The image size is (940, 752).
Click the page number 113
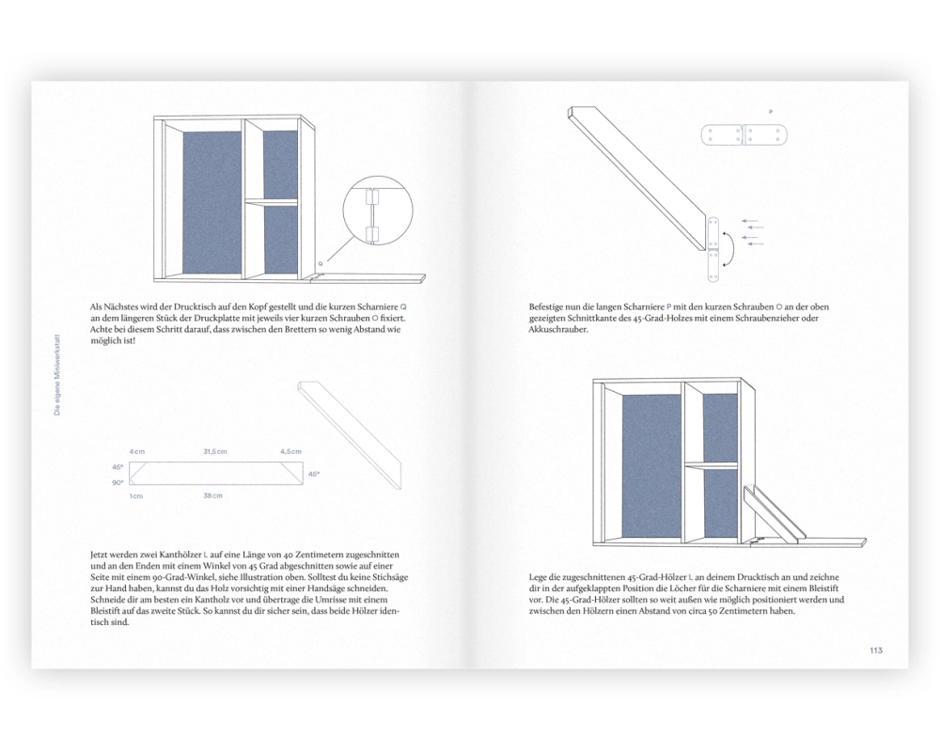tap(875, 650)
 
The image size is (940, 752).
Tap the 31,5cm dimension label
tap(215, 452)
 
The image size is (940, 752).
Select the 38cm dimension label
tap(212, 495)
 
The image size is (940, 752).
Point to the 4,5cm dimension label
tap(290, 452)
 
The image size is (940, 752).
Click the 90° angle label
tap(117, 482)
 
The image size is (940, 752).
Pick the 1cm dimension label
tap(136, 495)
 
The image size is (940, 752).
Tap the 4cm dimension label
tap(137, 452)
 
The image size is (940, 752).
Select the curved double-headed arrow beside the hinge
tap(730, 247)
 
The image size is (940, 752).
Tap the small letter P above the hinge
tap(771, 112)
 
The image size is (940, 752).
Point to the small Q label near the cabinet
tap(321, 263)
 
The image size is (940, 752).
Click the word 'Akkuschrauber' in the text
tap(559, 330)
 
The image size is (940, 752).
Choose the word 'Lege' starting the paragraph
tap(540, 576)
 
